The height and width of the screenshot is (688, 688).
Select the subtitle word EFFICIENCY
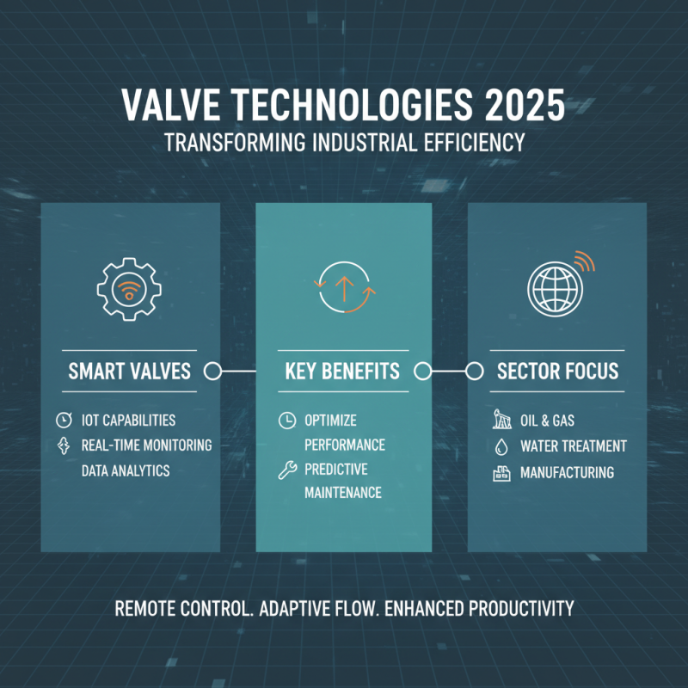click(x=472, y=142)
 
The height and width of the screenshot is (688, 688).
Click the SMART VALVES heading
click(x=129, y=372)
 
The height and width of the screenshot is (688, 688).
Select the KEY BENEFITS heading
click(x=342, y=372)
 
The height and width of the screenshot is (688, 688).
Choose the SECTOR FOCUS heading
click(x=557, y=372)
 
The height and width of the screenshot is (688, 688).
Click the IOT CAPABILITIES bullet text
click(x=128, y=421)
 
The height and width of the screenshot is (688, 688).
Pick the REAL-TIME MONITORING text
click(x=146, y=445)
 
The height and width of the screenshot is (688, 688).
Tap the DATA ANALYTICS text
click(x=126, y=470)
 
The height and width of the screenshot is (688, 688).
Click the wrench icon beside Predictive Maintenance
click(x=286, y=470)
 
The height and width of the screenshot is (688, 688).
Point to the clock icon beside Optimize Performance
click(x=286, y=421)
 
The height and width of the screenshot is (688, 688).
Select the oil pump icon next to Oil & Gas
click(x=500, y=421)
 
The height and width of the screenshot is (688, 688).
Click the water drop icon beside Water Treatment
click(x=500, y=446)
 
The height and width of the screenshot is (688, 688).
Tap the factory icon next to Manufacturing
click(x=500, y=472)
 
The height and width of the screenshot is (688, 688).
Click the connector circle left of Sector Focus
click(x=472, y=372)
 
